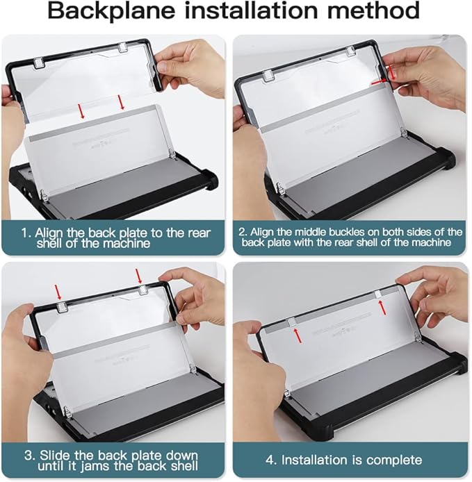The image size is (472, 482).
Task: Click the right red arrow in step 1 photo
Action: click(122, 102)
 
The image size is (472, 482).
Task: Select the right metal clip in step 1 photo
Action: click(122, 48)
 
